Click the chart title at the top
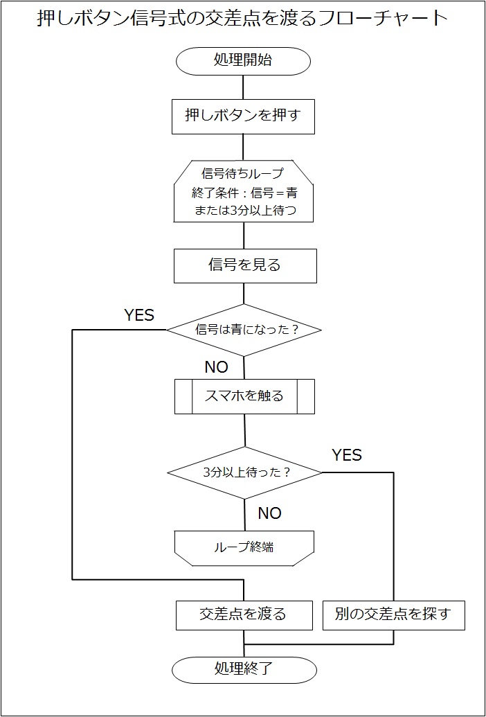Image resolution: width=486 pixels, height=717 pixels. point(242,19)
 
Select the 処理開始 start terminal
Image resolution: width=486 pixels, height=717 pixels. point(243,60)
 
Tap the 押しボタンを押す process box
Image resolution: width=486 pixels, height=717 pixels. point(243,116)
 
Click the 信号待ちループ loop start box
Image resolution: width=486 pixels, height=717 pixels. point(243,191)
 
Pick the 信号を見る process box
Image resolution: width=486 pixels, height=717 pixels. point(244,265)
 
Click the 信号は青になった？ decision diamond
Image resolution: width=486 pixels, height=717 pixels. point(244,330)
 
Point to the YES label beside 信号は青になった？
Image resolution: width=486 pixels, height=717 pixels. point(138,315)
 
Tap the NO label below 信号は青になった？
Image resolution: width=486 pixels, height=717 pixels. point(216,367)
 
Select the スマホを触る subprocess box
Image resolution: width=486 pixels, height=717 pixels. point(244,396)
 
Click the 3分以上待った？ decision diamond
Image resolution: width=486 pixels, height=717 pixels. point(245,472)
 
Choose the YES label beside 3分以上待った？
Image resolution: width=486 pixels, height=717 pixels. point(346,455)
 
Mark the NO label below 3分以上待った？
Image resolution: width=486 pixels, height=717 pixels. point(269,513)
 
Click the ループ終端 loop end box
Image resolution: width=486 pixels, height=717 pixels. point(244,547)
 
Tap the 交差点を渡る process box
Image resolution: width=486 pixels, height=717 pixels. point(242,614)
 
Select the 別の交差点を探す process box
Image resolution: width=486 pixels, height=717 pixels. point(393,614)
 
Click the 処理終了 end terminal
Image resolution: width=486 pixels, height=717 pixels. point(244,669)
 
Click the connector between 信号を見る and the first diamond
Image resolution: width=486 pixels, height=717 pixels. point(244,293)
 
